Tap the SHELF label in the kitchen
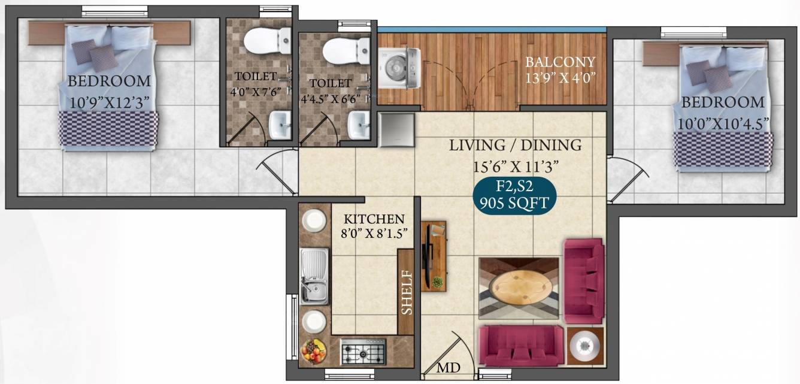[407, 292]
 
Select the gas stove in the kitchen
[363, 352]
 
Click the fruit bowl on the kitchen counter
[314, 350]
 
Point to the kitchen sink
[314, 276]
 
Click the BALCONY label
[560, 62]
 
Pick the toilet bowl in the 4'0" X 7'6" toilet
[261, 39]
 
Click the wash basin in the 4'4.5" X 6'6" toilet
[359, 125]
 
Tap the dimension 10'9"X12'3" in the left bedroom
[108, 101]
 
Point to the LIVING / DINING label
[515, 145]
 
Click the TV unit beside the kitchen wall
[433, 256]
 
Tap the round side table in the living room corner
[584, 346]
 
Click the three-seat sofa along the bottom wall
[521, 346]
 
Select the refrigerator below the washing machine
[396, 129]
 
